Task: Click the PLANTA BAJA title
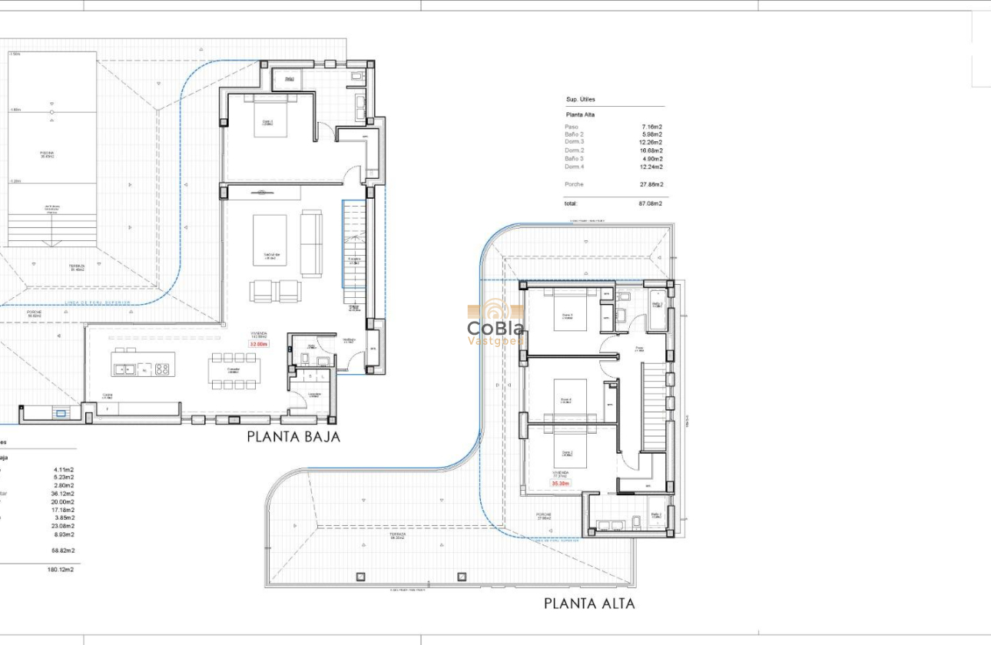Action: click(x=293, y=437)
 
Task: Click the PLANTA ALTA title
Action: click(x=589, y=604)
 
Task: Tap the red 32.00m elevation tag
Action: click(x=258, y=344)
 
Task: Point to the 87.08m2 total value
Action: click(x=651, y=203)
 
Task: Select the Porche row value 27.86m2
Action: click(x=651, y=184)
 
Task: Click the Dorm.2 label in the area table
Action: click(x=574, y=150)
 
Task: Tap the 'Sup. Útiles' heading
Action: click(x=581, y=100)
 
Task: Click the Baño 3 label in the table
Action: click(x=574, y=159)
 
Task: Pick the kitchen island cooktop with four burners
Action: click(x=162, y=369)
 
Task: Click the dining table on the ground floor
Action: click(x=234, y=371)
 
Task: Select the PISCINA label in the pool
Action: click(x=48, y=154)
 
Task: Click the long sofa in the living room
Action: click(x=311, y=243)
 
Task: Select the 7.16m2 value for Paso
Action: click(x=651, y=126)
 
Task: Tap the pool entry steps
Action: click(x=52, y=230)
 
